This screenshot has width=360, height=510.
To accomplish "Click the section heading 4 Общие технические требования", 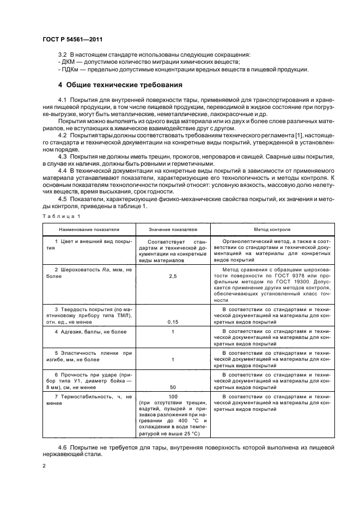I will coord(120,86).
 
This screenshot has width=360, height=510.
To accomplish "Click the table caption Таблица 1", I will coord(57,216).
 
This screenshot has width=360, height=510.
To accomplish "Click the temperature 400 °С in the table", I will coord(184,422).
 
